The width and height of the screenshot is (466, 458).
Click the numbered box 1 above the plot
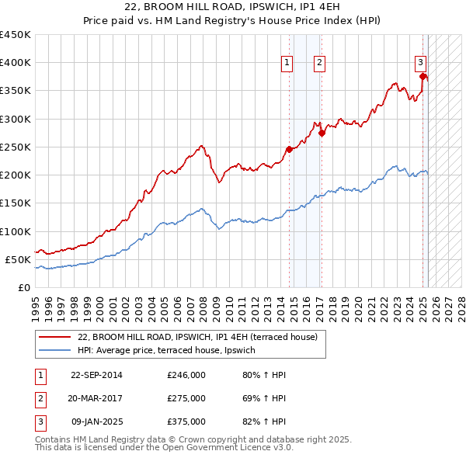(287, 63)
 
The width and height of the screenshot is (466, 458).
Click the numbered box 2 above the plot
(319, 63)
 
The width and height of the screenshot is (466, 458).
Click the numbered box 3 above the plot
(419, 63)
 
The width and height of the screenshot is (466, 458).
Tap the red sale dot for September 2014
(289, 149)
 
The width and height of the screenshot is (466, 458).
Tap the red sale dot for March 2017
(322, 133)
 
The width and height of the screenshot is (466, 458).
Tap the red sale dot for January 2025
(423, 76)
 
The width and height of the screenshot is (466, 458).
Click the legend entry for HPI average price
(166, 350)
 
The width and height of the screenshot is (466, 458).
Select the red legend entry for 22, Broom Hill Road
(197, 337)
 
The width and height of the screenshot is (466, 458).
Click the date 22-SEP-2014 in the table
(96, 376)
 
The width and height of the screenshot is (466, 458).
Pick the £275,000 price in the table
(186, 399)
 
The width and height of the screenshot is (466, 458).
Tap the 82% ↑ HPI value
(264, 422)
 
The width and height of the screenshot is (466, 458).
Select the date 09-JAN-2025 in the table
(97, 422)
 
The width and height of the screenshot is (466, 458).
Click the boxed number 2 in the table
(40, 399)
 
